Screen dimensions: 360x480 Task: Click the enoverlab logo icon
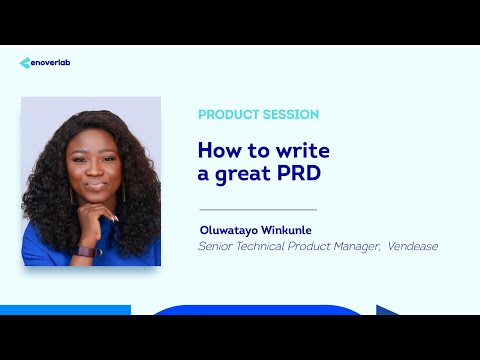tap(25, 63)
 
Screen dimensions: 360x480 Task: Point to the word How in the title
tap(216, 150)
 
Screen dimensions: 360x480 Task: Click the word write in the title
tap(305, 150)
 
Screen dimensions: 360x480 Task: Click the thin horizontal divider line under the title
tap(258, 209)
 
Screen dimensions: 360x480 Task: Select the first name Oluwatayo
tap(229, 229)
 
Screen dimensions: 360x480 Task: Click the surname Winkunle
tap(287, 229)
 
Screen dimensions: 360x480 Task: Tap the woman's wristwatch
tap(84, 250)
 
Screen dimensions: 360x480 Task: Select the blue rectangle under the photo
tap(65, 310)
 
